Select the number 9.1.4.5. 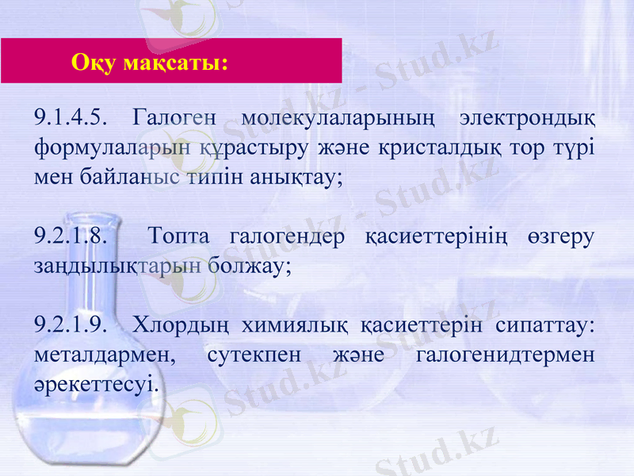pyautogui.click(x=71, y=119)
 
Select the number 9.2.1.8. pyautogui.click(x=71, y=236)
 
